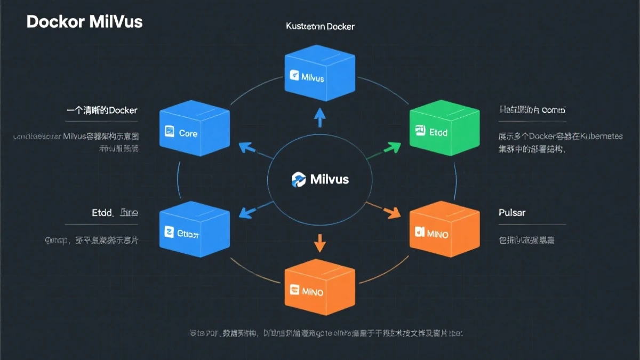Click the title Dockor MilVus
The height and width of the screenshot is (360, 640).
[84, 22]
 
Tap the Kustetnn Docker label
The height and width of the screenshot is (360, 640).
[320, 26]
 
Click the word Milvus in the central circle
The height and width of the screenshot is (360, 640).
[329, 179]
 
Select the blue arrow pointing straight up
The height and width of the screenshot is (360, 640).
[320, 117]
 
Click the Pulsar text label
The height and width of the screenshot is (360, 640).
[512, 212]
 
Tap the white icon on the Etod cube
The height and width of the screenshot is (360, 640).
[419, 130]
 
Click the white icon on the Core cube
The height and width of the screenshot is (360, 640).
[170, 131]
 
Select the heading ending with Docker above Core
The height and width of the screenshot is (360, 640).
[102, 110]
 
